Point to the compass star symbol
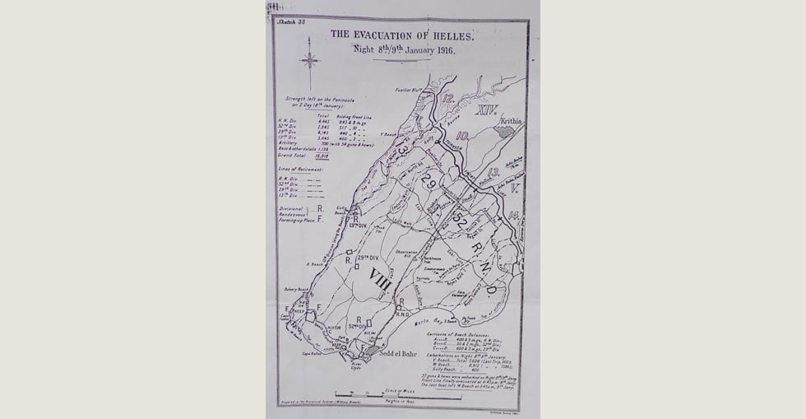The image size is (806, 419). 310,59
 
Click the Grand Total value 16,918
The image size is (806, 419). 324,154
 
